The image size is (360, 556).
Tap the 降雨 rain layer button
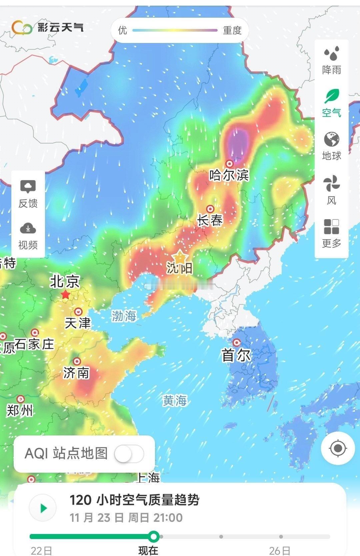[x=332, y=60]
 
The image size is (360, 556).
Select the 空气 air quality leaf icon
[x=332, y=103]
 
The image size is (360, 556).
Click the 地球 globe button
[x=332, y=145]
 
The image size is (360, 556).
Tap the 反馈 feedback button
[x=28, y=193]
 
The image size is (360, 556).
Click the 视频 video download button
[x=28, y=235]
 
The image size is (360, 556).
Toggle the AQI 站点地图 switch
[x=129, y=453]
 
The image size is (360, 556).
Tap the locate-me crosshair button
[x=338, y=448]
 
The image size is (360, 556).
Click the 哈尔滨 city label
[x=229, y=175]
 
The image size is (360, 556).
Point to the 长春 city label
[x=210, y=220]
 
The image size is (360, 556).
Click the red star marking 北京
[x=65, y=294]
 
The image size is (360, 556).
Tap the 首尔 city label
[x=236, y=355]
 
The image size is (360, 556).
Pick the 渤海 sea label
[x=124, y=316]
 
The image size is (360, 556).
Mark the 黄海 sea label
[x=175, y=400]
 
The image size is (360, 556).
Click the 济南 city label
[x=76, y=373]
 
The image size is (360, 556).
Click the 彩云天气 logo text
[x=60, y=27]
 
